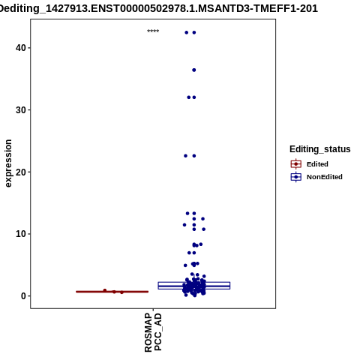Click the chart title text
(x=159, y=8)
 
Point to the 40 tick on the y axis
(x=21, y=48)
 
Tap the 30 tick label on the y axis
(x=21, y=109)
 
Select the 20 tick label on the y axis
(x=21, y=172)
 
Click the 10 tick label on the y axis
(x=21, y=234)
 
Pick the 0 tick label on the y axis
(x=24, y=296)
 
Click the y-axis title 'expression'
(x=8, y=163)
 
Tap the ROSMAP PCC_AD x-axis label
(x=153, y=332)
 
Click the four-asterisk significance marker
(x=153, y=31)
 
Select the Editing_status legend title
(x=320, y=149)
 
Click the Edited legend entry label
(x=317, y=164)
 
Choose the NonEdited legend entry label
(x=325, y=177)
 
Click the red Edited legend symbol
(x=296, y=164)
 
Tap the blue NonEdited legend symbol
(x=296, y=177)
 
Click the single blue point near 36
(x=194, y=70)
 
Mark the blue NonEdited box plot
(x=194, y=286)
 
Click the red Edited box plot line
(x=112, y=292)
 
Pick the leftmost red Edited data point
(x=105, y=290)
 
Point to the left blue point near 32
(x=189, y=97)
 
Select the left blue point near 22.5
(x=185, y=156)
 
